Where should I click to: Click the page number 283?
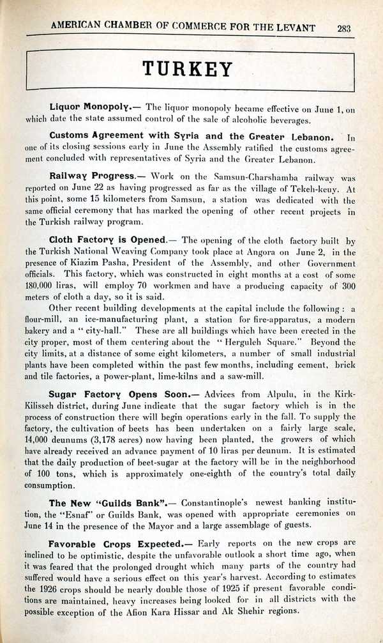pos(345,27)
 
